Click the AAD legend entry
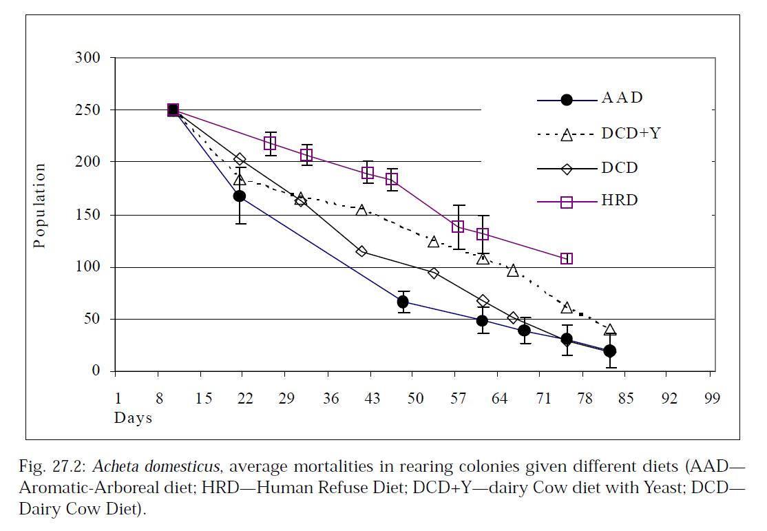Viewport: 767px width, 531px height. click(622, 98)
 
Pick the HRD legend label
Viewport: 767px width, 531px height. click(620, 201)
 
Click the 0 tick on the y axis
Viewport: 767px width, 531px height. click(97, 372)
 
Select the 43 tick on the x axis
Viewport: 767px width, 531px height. click(371, 399)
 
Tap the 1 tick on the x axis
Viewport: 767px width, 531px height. click(118, 399)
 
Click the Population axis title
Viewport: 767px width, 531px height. click(40, 206)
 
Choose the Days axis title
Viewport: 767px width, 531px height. click(133, 418)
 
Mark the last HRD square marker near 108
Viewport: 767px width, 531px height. click(567, 259)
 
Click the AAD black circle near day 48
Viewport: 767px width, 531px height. click(403, 302)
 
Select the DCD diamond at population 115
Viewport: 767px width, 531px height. click(361, 251)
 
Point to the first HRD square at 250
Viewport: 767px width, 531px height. click(174, 110)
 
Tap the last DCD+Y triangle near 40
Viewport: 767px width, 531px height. click(609, 331)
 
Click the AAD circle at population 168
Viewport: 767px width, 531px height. click(240, 196)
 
